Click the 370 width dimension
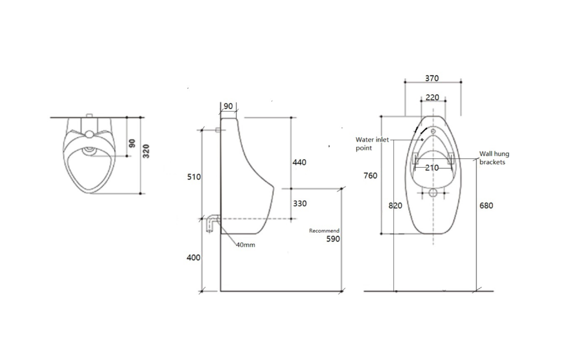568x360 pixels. pyautogui.click(x=432, y=79)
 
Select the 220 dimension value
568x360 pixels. pyautogui.click(x=433, y=97)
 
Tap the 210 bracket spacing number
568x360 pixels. pyautogui.click(x=432, y=168)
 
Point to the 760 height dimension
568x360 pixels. pyautogui.click(x=370, y=176)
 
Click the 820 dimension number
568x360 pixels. pyautogui.click(x=395, y=205)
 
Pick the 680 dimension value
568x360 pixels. pyautogui.click(x=486, y=205)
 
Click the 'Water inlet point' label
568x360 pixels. pyautogui.click(x=372, y=144)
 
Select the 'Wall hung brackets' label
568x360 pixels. pyautogui.click(x=494, y=158)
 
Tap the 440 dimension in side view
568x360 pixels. pyautogui.click(x=299, y=162)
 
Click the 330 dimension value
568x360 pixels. pyautogui.click(x=300, y=204)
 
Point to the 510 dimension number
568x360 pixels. pyautogui.click(x=194, y=177)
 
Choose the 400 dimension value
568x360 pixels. pyautogui.click(x=193, y=258)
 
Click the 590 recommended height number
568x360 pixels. pyautogui.click(x=334, y=239)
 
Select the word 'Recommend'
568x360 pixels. pyautogui.click(x=324, y=231)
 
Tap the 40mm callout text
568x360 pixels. pyautogui.click(x=246, y=245)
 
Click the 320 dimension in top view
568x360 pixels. pyautogui.click(x=146, y=151)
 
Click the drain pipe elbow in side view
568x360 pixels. pyautogui.click(x=213, y=223)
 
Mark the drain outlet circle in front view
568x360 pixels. pyautogui.click(x=433, y=193)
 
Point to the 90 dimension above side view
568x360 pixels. pyautogui.click(x=228, y=106)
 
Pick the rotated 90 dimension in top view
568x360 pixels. pyautogui.click(x=132, y=144)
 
